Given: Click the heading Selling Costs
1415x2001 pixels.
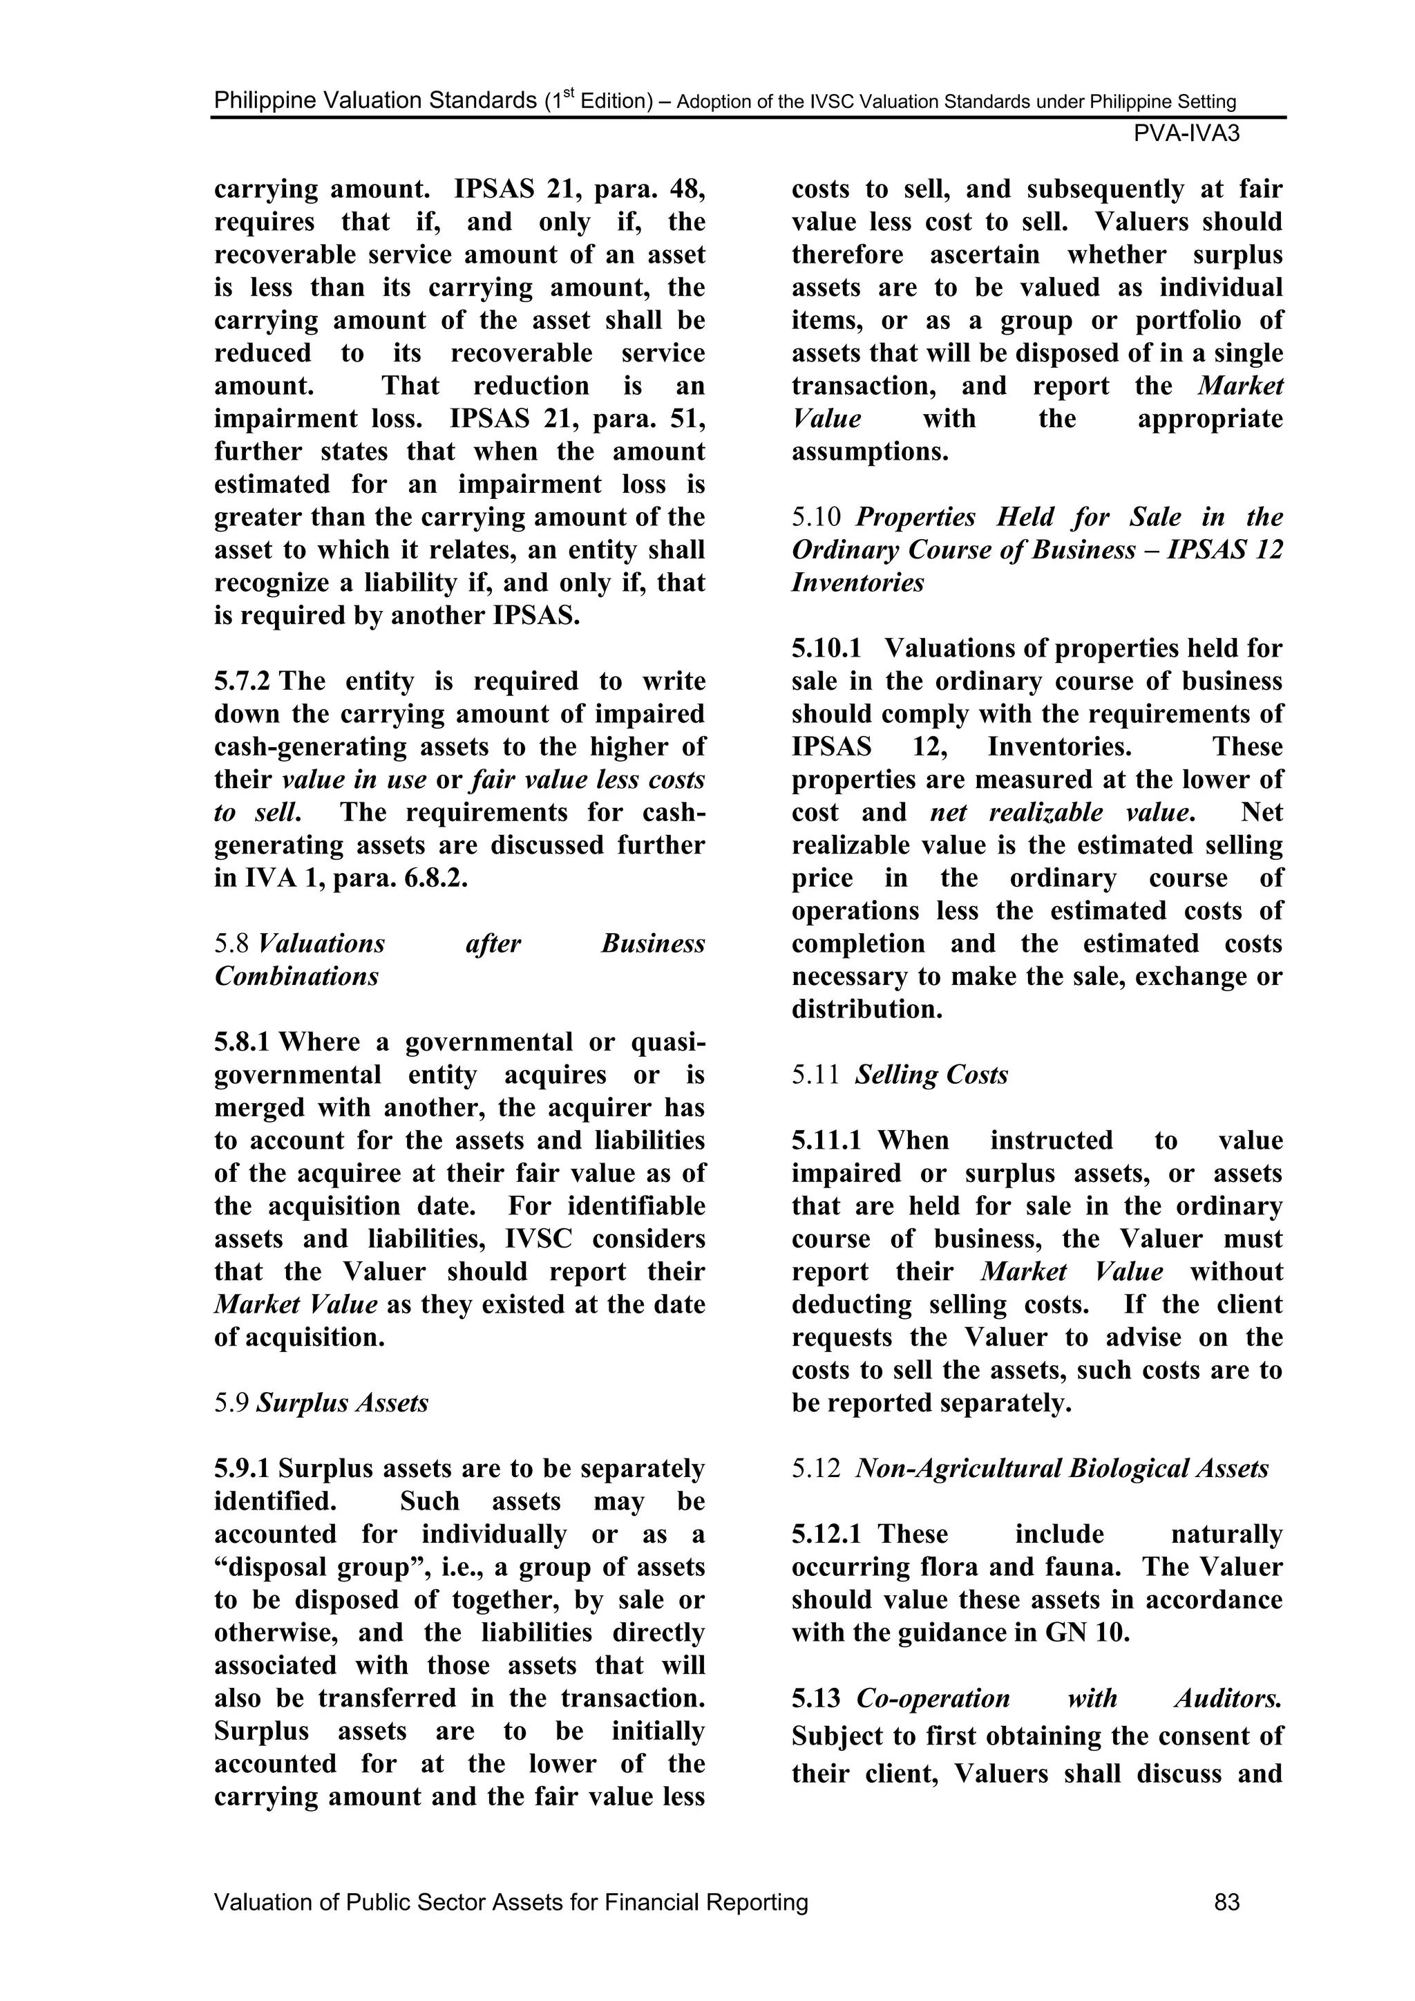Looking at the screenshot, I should click(x=931, y=1075).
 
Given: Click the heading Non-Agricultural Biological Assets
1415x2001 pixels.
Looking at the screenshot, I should click(x=1061, y=1469).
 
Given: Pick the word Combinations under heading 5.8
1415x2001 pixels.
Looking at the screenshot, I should click(x=296, y=976).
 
